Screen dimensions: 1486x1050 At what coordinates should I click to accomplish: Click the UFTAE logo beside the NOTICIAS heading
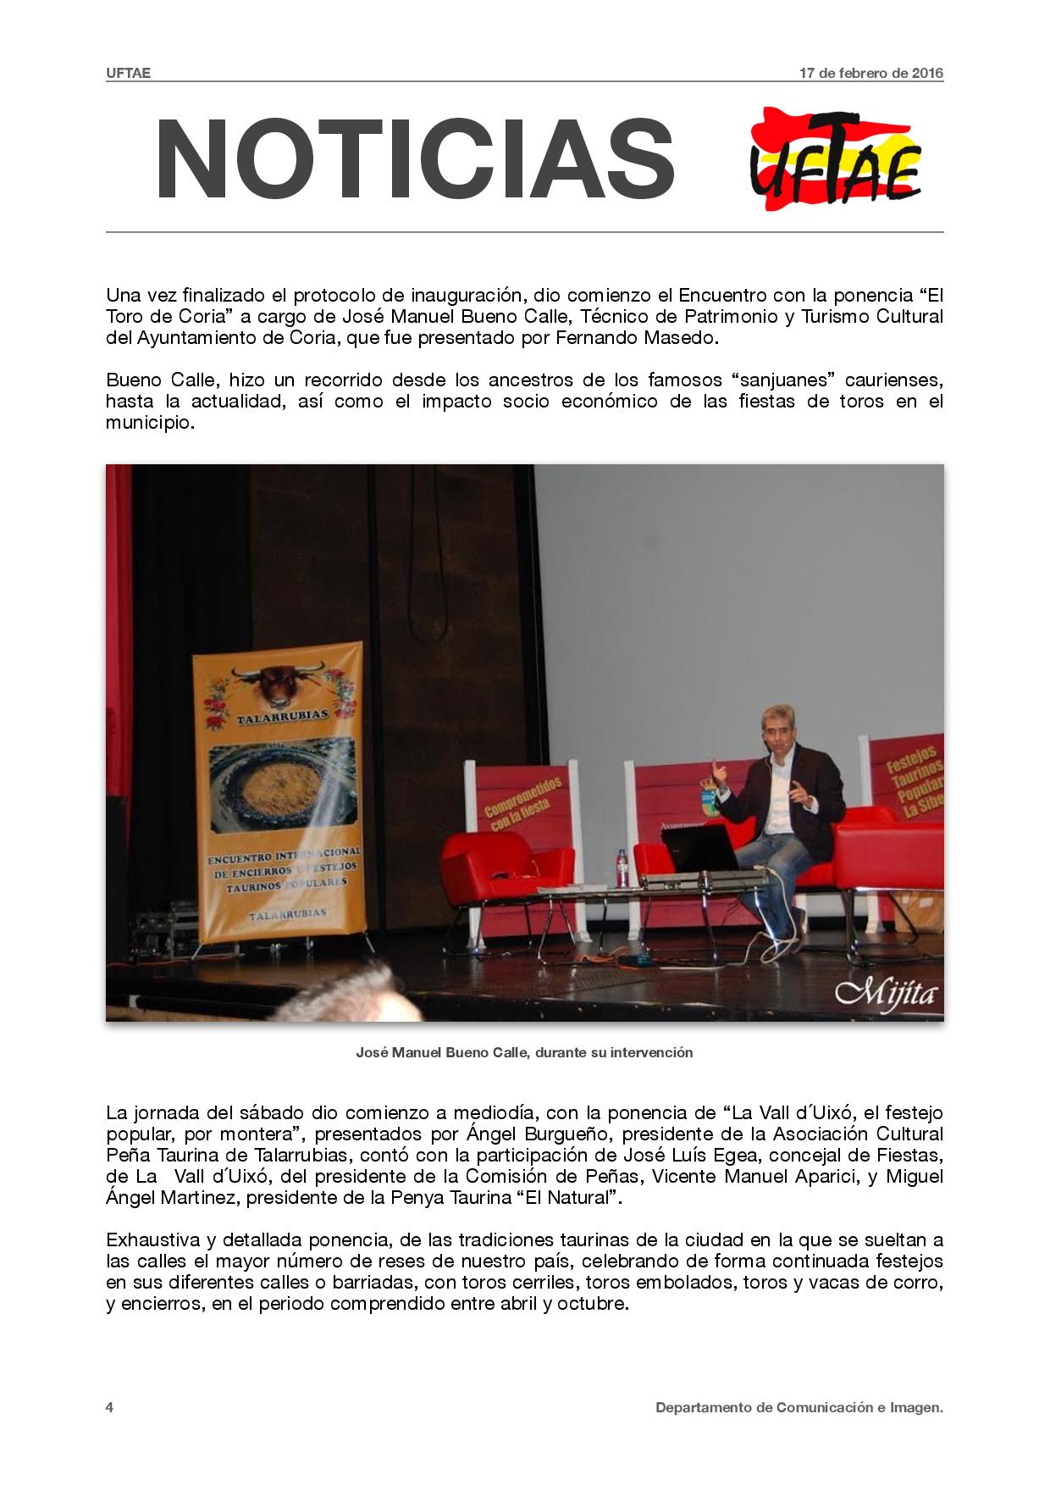click(x=836, y=159)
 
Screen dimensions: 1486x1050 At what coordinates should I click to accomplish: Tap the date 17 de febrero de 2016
click(x=871, y=73)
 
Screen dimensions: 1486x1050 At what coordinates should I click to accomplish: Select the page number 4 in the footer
click(x=110, y=1407)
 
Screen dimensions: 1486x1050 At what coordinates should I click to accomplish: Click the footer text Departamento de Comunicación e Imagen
click(x=799, y=1407)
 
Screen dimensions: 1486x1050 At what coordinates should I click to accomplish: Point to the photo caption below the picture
click(x=524, y=1052)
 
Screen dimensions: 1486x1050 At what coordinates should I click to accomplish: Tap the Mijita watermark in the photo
click(x=886, y=992)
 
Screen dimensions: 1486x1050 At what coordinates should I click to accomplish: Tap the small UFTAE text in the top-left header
click(x=128, y=73)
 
